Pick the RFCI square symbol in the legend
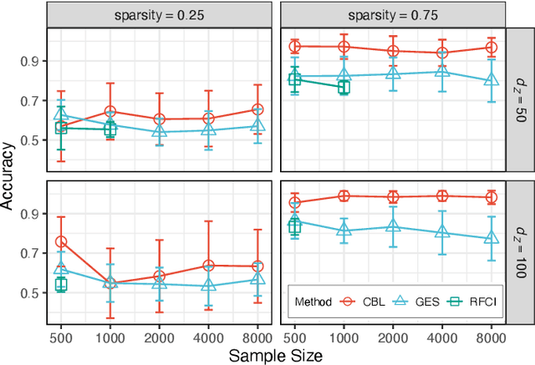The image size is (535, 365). (456, 302)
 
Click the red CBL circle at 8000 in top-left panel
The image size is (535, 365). (257, 109)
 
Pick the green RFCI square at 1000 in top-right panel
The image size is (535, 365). (344, 88)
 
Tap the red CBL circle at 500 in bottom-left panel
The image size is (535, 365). (61, 241)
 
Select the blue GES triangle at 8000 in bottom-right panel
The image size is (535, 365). (491, 239)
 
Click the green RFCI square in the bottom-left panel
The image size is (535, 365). (61, 285)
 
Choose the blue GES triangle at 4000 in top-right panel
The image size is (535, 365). (442, 72)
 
